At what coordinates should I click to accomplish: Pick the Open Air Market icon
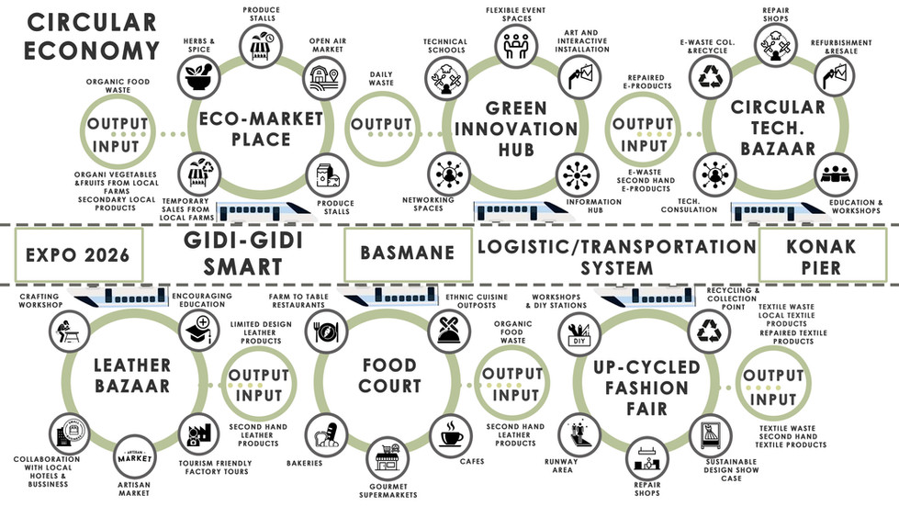coord(322,78)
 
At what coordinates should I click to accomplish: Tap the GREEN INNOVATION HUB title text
coord(517,129)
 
